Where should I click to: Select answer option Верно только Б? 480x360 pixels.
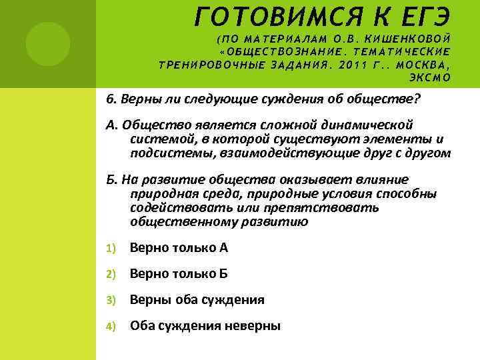point(179,273)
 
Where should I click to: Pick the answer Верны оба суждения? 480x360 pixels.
point(197,299)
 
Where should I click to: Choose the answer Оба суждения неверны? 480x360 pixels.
point(205,325)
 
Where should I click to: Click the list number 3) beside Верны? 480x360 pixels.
point(111,300)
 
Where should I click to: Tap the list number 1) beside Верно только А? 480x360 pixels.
point(111,248)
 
